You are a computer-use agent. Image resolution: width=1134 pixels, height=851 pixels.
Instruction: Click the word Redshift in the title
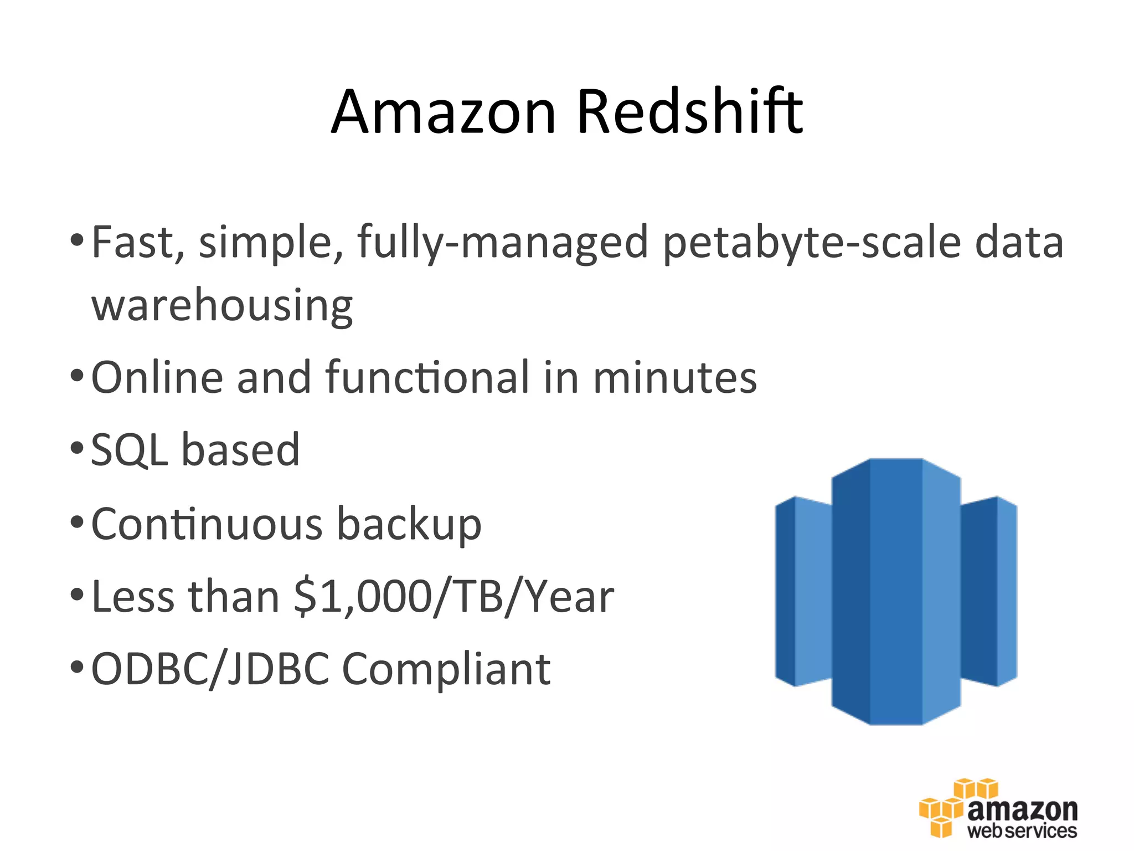(x=689, y=112)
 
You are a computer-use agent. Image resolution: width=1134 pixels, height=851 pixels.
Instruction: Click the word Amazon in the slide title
(x=443, y=112)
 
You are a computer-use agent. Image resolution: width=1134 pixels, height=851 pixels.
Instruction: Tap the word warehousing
(x=222, y=305)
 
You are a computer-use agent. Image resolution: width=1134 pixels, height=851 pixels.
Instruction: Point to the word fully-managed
(x=503, y=243)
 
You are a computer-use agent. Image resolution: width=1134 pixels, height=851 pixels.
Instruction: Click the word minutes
(x=674, y=378)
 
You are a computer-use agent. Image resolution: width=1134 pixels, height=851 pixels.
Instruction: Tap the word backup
(x=409, y=524)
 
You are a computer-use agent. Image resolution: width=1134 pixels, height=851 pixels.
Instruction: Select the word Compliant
(x=446, y=669)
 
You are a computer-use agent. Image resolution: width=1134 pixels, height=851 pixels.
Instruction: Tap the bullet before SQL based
(x=77, y=448)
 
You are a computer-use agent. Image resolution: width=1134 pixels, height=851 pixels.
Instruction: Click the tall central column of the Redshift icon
(x=895, y=591)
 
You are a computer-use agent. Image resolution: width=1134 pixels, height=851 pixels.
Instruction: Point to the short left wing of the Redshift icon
(x=803, y=591)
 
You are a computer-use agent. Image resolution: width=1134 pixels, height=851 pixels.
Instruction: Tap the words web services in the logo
(x=1022, y=831)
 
